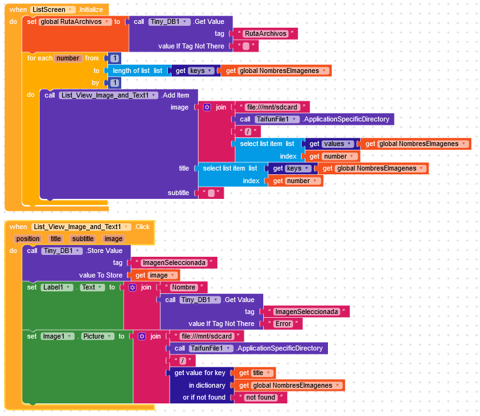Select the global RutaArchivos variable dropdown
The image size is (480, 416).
click(x=75, y=21)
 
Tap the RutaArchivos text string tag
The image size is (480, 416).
click(x=265, y=33)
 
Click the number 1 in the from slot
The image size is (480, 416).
click(x=114, y=58)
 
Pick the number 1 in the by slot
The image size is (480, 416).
click(x=114, y=82)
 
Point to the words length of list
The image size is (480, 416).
click(x=132, y=70)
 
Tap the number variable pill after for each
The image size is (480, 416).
click(x=68, y=58)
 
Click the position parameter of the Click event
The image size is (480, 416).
click(x=28, y=239)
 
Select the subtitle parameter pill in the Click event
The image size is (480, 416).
click(x=82, y=239)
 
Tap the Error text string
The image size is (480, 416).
click(x=284, y=323)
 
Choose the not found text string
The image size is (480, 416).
click(x=261, y=397)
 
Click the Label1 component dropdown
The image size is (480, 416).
click(x=58, y=287)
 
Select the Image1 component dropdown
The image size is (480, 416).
click(x=58, y=336)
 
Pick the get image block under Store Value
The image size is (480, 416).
click(x=153, y=275)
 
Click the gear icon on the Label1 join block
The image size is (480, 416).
click(x=132, y=287)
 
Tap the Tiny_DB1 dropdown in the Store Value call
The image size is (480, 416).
click(x=62, y=250)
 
